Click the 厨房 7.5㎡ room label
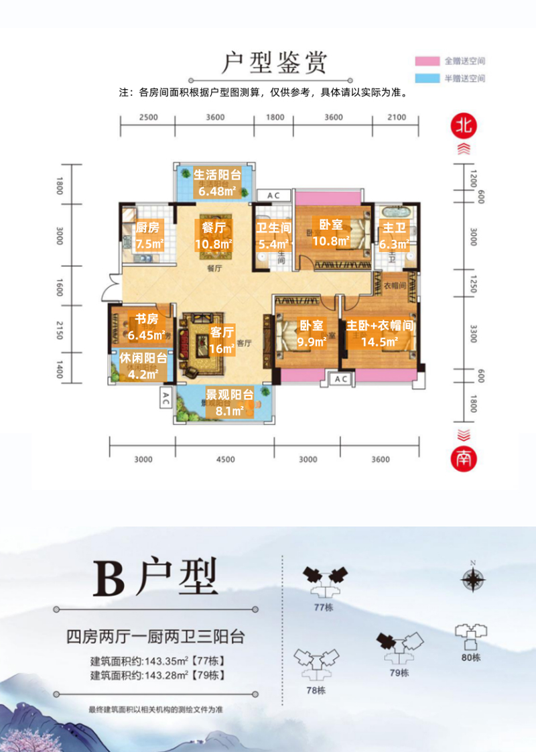pyautogui.click(x=148, y=236)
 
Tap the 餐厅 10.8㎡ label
pyautogui.click(x=213, y=236)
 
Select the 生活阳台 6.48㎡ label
pyautogui.click(x=216, y=183)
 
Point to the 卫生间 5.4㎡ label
pyautogui.click(x=273, y=236)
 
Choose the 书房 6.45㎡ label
pyautogui.click(x=147, y=326)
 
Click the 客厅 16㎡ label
pyautogui.click(x=222, y=340)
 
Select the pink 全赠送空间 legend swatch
pyautogui.click(x=427, y=60)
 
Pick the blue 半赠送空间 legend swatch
pyautogui.click(x=427, y=78)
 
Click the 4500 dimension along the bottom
pyautogui.click(x=225, y=460)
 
